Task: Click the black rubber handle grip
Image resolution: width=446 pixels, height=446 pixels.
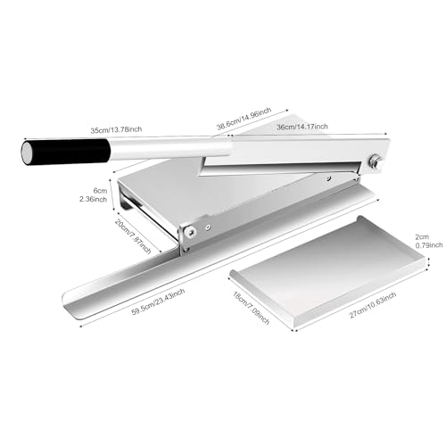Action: pos(70,152)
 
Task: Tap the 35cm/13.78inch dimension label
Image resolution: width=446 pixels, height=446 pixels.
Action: pos(116,130)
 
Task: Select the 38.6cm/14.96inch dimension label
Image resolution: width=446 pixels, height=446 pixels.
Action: pos(244,119)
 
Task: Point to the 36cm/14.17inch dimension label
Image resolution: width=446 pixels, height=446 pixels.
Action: pos(302,127)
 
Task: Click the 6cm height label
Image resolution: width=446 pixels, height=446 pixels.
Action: pos(100,191)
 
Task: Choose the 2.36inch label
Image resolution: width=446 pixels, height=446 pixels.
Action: pos(93,199)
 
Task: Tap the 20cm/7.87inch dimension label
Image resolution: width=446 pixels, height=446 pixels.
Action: pos(133,236)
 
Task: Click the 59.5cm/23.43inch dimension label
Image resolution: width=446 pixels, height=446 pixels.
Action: pos(158,302)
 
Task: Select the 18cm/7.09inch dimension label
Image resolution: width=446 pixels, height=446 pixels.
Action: pos(252,308)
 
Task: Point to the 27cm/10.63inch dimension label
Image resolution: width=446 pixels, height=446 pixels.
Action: pos(373,305)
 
